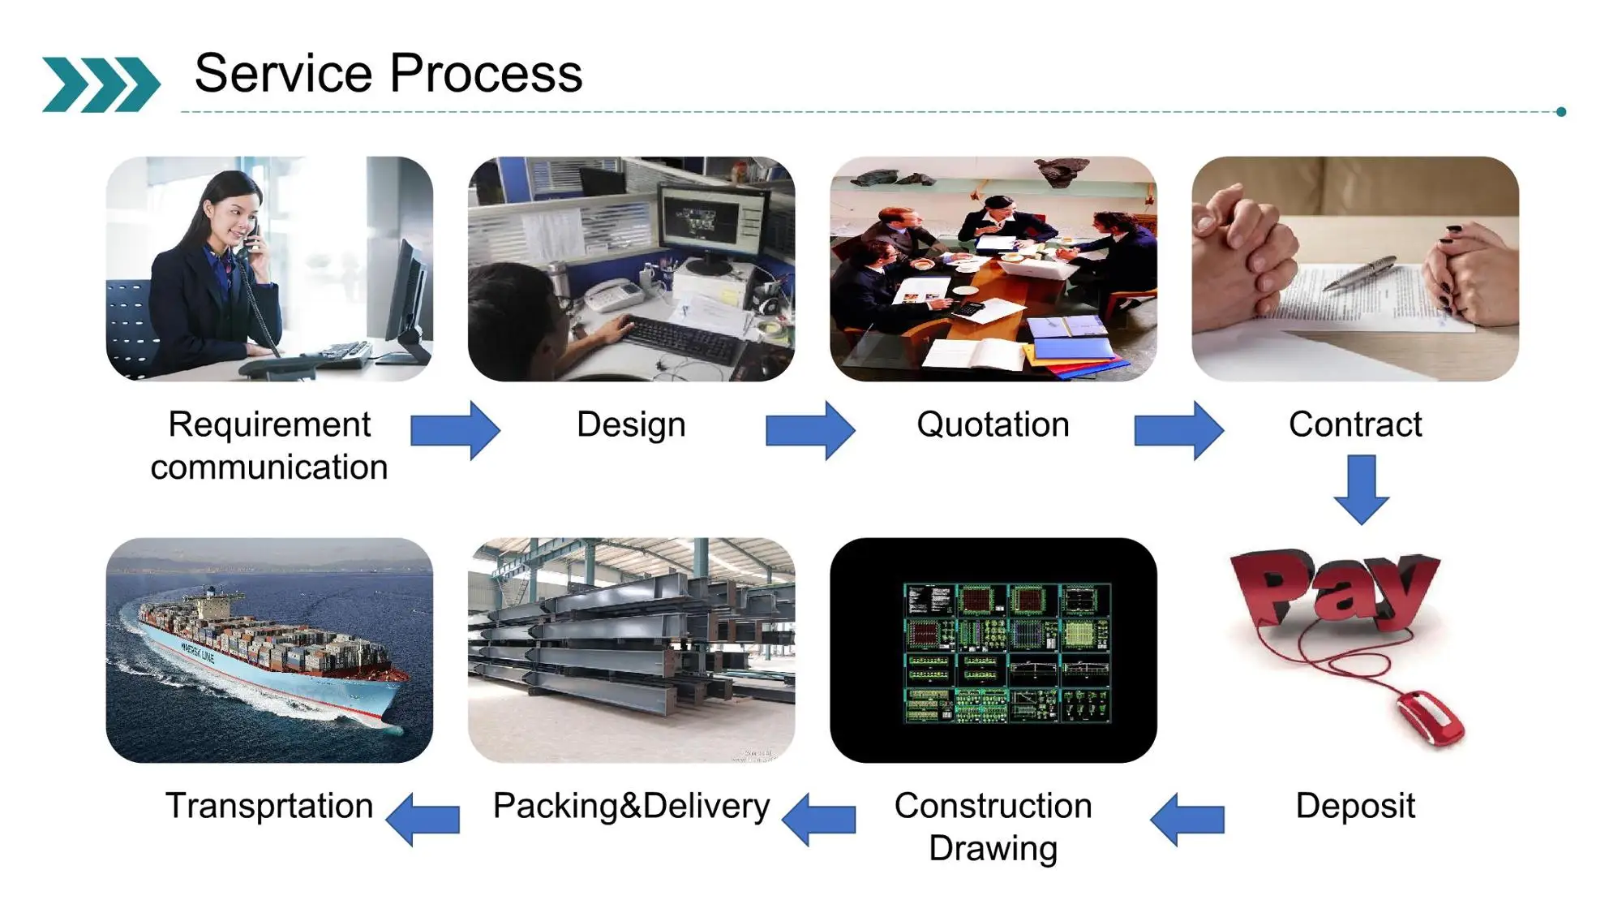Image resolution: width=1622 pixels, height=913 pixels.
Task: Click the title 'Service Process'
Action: (388, 73)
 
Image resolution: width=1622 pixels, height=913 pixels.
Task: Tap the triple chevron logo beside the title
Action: (101, 84)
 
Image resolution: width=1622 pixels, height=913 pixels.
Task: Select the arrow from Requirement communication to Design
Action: (455, 430)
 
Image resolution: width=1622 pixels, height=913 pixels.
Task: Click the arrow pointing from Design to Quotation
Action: (810, 430)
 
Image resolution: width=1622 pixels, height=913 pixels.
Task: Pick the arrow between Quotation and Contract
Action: (1178, 430)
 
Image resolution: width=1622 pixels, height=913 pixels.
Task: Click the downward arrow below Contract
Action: (1362, 489)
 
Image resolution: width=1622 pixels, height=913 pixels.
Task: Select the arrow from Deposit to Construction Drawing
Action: (1187, 820)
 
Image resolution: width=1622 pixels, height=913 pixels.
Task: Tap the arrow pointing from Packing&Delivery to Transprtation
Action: (423, 819)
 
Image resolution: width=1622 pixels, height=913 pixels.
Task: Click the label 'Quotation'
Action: (993, 424)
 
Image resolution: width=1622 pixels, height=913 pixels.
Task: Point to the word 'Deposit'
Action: (1355, 806)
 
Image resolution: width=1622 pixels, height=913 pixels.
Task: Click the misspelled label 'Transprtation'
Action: (269, 806)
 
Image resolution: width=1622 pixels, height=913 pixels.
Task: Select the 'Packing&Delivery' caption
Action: (631, 806)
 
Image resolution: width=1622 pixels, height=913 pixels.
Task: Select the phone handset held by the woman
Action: (251, 237)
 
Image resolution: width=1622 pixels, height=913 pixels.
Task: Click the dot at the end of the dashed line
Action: (1561, 112)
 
